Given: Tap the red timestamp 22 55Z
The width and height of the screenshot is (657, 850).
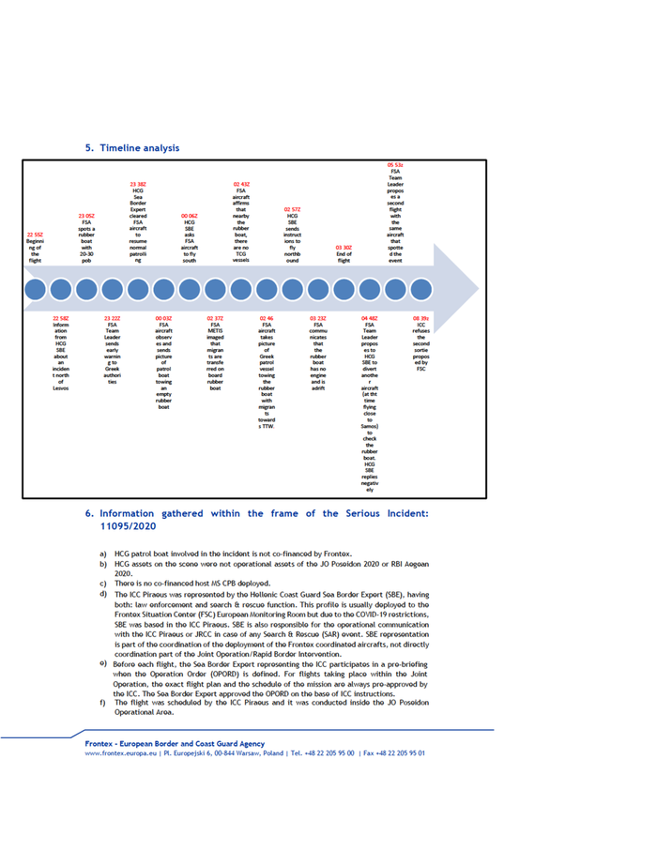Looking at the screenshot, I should (35, 234).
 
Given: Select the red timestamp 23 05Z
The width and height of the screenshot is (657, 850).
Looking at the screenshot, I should (86, 215).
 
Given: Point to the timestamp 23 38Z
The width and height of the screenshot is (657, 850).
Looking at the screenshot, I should (138, 183).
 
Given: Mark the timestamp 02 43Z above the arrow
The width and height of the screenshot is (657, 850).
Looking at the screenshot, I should (241, 183).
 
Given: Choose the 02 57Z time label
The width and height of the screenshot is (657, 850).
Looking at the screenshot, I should (292, 208).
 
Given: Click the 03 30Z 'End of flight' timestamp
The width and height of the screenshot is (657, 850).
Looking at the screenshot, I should (344, 247).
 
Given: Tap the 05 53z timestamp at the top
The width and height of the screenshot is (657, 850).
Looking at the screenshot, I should (395, 164).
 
